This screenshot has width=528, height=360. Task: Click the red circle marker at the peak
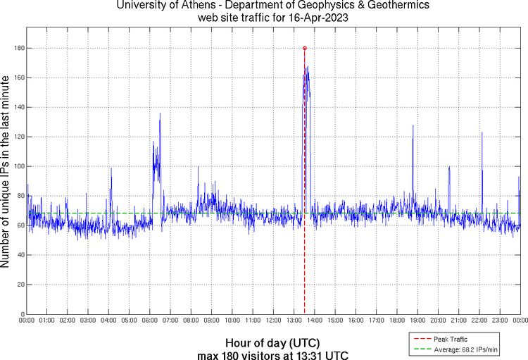(x=304, y=48)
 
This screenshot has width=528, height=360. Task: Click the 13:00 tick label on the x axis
(x=294, y=321)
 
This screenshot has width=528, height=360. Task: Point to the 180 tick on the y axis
(x=18, y=48)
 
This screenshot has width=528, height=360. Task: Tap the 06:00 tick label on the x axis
(x=150, y=321)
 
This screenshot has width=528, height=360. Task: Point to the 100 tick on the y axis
(x=18, y=166)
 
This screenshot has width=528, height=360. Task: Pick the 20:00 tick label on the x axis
(x=438, y=321)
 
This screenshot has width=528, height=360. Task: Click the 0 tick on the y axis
(x=21, y=314)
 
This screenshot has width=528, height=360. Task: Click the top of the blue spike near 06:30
(x=160, y=113)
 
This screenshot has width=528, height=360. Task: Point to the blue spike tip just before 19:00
(x=413, y=125)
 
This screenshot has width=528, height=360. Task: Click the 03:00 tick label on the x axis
(x=88, y=321)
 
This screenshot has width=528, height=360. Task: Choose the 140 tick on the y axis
(x=18, y=107)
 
